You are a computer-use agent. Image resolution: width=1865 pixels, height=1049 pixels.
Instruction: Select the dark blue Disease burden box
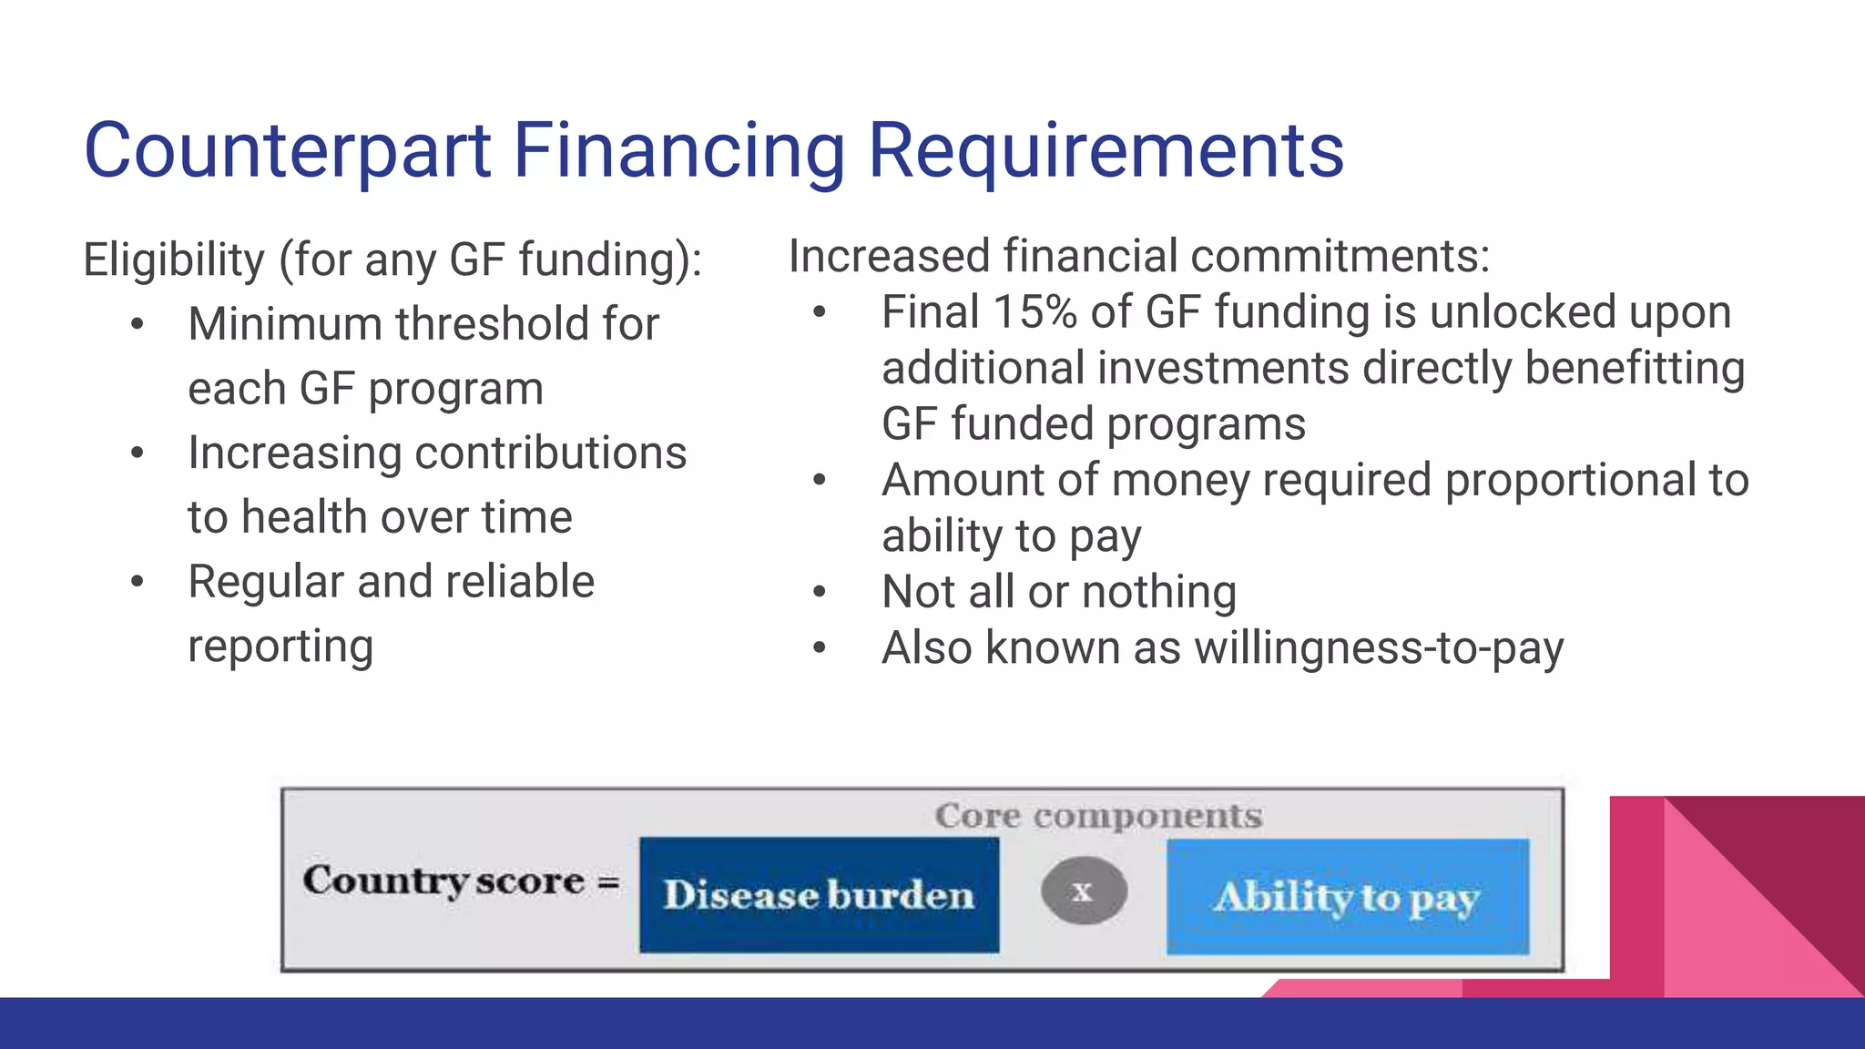819,895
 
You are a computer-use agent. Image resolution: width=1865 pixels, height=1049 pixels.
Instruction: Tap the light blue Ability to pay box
1347,897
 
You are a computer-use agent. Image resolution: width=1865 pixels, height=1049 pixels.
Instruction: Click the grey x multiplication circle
1083,891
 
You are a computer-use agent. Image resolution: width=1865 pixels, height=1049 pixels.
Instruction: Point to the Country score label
443,881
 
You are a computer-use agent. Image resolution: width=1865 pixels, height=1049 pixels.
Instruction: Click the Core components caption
1098,816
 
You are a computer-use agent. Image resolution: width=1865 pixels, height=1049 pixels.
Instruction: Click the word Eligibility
174,260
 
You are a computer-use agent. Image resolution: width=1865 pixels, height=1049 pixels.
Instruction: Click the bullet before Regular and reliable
137,582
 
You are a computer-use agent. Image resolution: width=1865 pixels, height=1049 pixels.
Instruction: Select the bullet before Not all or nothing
819,592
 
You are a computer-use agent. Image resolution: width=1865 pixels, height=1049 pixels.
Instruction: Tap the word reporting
280,647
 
